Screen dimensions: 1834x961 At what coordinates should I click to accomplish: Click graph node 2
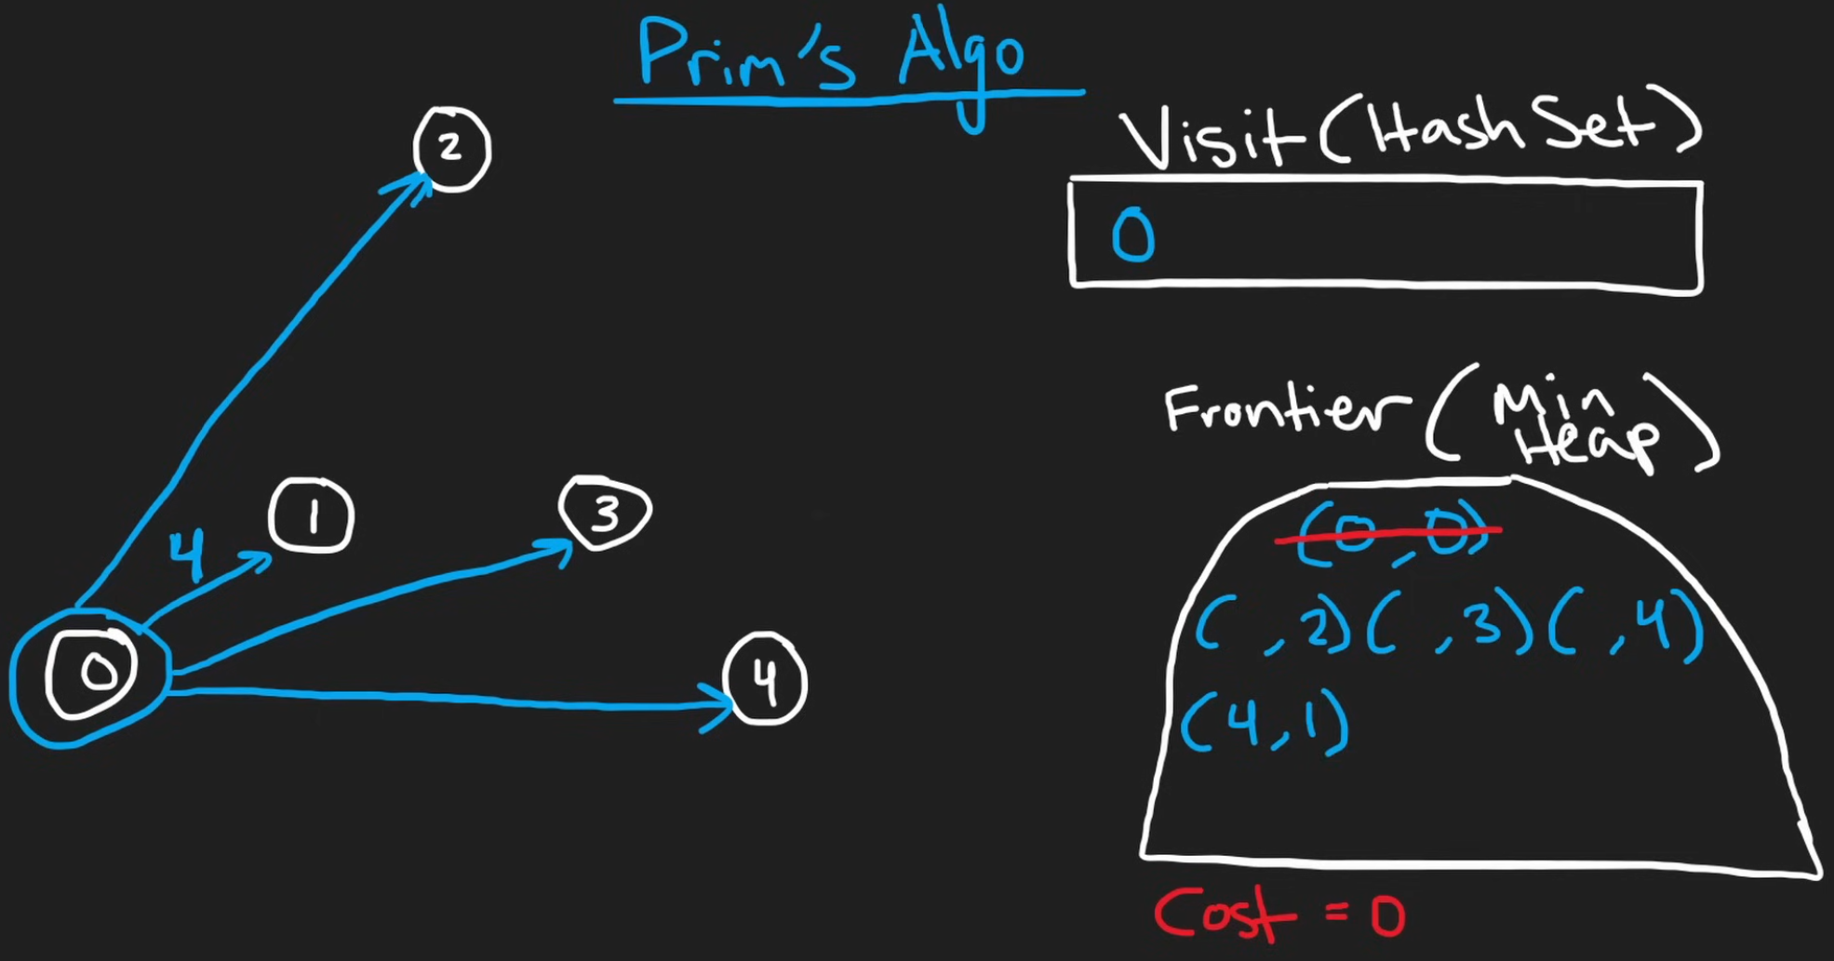[451, 149]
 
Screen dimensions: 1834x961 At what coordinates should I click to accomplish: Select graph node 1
[312, 516]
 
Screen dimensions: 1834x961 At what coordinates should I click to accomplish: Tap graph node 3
[605, 512]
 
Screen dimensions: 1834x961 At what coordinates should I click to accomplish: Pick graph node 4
[765, 679]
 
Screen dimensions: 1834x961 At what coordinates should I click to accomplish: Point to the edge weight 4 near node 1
[188, 555]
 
